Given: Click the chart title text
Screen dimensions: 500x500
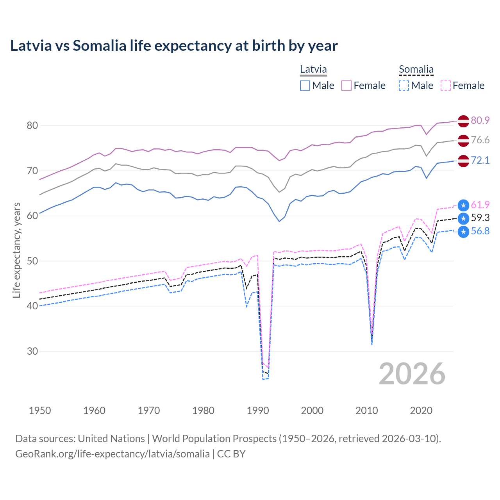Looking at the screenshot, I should pyautogui.click(x=174, y=46).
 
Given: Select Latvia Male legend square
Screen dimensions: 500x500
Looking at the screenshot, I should pyautogui.click(x=305, y=86).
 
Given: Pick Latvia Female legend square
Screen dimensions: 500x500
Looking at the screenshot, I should pyautogui.click(x=346, y=86).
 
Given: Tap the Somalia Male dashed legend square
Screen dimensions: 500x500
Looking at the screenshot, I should pyautogui.click(x=404, y=86).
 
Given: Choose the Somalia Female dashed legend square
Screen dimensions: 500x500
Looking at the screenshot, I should pyautogui.click(x=446, y=86).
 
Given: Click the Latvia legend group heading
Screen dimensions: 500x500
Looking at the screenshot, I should pyautogui.click(x=313, y=69).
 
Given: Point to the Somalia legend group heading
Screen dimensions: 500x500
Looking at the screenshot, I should pyautogui.click(x=416, y=69).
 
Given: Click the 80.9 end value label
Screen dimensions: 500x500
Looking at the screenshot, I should pyautogui.click(x=480, y=120).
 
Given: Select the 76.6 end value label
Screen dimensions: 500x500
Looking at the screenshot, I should pyautogui.click(x=480, y=140).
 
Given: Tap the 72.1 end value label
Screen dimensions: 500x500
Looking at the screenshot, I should pyautogui.click(x=480, y=160).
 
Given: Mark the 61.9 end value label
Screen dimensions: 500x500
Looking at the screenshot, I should pyautogui.click(x=480, y=205).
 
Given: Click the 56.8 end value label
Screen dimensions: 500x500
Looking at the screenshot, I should pyautogui.click(x=480, y=231).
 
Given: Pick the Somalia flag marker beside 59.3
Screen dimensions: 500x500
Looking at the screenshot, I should pyautogui.click(x=463, y=218).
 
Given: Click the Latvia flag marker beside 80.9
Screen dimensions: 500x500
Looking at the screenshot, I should pyautogui.click(x=463, y=121).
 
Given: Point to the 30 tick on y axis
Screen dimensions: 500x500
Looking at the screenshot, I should pyautogui.click(x=32, y=351).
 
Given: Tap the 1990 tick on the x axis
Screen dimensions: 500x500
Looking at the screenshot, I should pyautogui.click(x=258, y=411).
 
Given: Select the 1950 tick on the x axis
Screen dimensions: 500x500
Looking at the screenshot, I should pyautogui.click(x=40, y=411).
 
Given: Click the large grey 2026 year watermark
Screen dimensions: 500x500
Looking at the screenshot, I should pyautogui.click(x=412, y=374).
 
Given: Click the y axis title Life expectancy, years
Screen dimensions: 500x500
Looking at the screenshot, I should pyautogui.click(x=16, y=250).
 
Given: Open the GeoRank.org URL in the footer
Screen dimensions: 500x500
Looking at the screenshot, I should pyautogui.click(x=112, y=454).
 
